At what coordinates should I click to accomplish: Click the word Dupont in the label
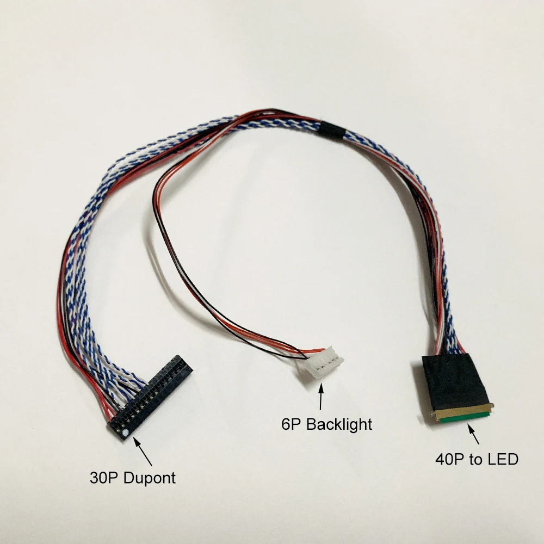pyautogui.click(x=150, y=478)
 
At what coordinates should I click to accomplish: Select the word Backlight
pyautogui.click(x=339, y=424)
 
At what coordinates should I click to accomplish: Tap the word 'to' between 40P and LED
pyautogui.click(x=475, y=460)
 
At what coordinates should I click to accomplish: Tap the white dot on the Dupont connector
pyautogui.click(x=126, y=433)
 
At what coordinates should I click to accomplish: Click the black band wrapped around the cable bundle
pyautogui.click(x=331, y=131)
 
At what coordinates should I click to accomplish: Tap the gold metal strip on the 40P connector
pyautogui.click(x=462, y=411)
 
